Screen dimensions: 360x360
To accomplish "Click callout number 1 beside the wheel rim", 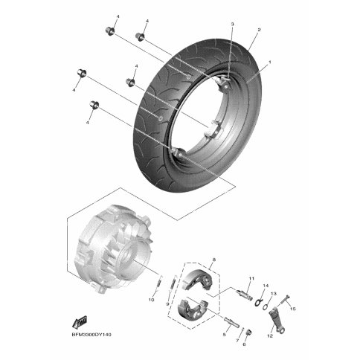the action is pos(270,62).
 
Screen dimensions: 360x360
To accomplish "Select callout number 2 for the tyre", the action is pos(259,30).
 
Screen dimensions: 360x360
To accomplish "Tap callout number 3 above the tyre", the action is pos(232,25).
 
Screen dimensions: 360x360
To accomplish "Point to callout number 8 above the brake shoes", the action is pos(214,260).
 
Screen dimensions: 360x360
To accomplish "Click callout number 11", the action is pos(251,279).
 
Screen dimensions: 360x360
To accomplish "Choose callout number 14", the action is pos(266,286).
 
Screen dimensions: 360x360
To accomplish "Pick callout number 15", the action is pos(293,309).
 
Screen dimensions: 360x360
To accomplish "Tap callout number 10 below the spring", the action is pos(151,300).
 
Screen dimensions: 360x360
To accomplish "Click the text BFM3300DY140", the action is pos(91,335).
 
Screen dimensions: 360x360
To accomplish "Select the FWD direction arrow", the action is pos(80,321).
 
